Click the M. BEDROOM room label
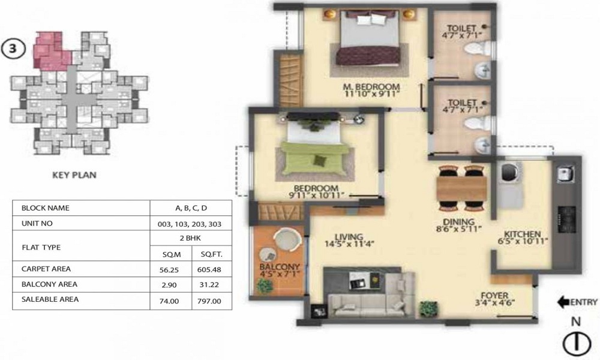tap(371, 87)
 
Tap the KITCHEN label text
tap(523, 234)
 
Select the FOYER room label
tap(494, 295)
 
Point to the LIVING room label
tap(349, 237)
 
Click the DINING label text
tap(458, 222)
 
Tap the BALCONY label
tap(280, 266)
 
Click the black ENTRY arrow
tap(564, 302)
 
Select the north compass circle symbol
tap(576, 343)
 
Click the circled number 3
tap(13, 49)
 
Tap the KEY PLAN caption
tap(74, 175)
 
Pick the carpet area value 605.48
tap(209, 270)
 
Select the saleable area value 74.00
tap(169, 301)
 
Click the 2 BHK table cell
tap(190, 238)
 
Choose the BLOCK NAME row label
tap(46, 208)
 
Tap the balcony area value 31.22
tap(209, 285)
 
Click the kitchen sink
tap(566, 174)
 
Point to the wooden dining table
tap(461, 188)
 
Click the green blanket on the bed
tap(314, 159)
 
